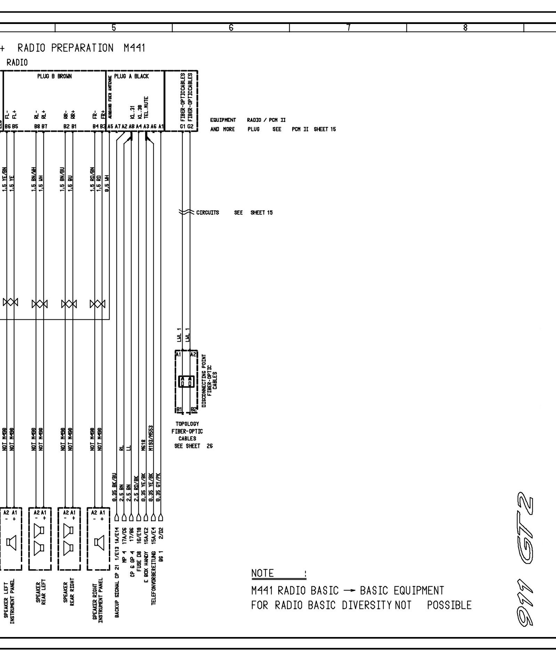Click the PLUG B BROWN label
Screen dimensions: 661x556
click(x=55, y=76)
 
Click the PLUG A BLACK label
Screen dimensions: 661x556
click(x=131, y=76)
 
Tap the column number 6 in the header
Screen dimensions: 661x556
click(x=231, y=28)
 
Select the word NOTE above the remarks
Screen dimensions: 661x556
click(x=263, y=573)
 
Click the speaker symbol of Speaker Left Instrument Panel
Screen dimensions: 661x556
click(x=12, y=543)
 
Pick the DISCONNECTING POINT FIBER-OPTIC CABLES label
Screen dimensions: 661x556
click(x=209, y=381)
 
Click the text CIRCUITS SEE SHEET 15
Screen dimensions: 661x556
click(x=234, y=213)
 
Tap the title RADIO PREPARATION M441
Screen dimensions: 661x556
click(x=81, y=48)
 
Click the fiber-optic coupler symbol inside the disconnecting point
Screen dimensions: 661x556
click(x=186, y=381)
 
